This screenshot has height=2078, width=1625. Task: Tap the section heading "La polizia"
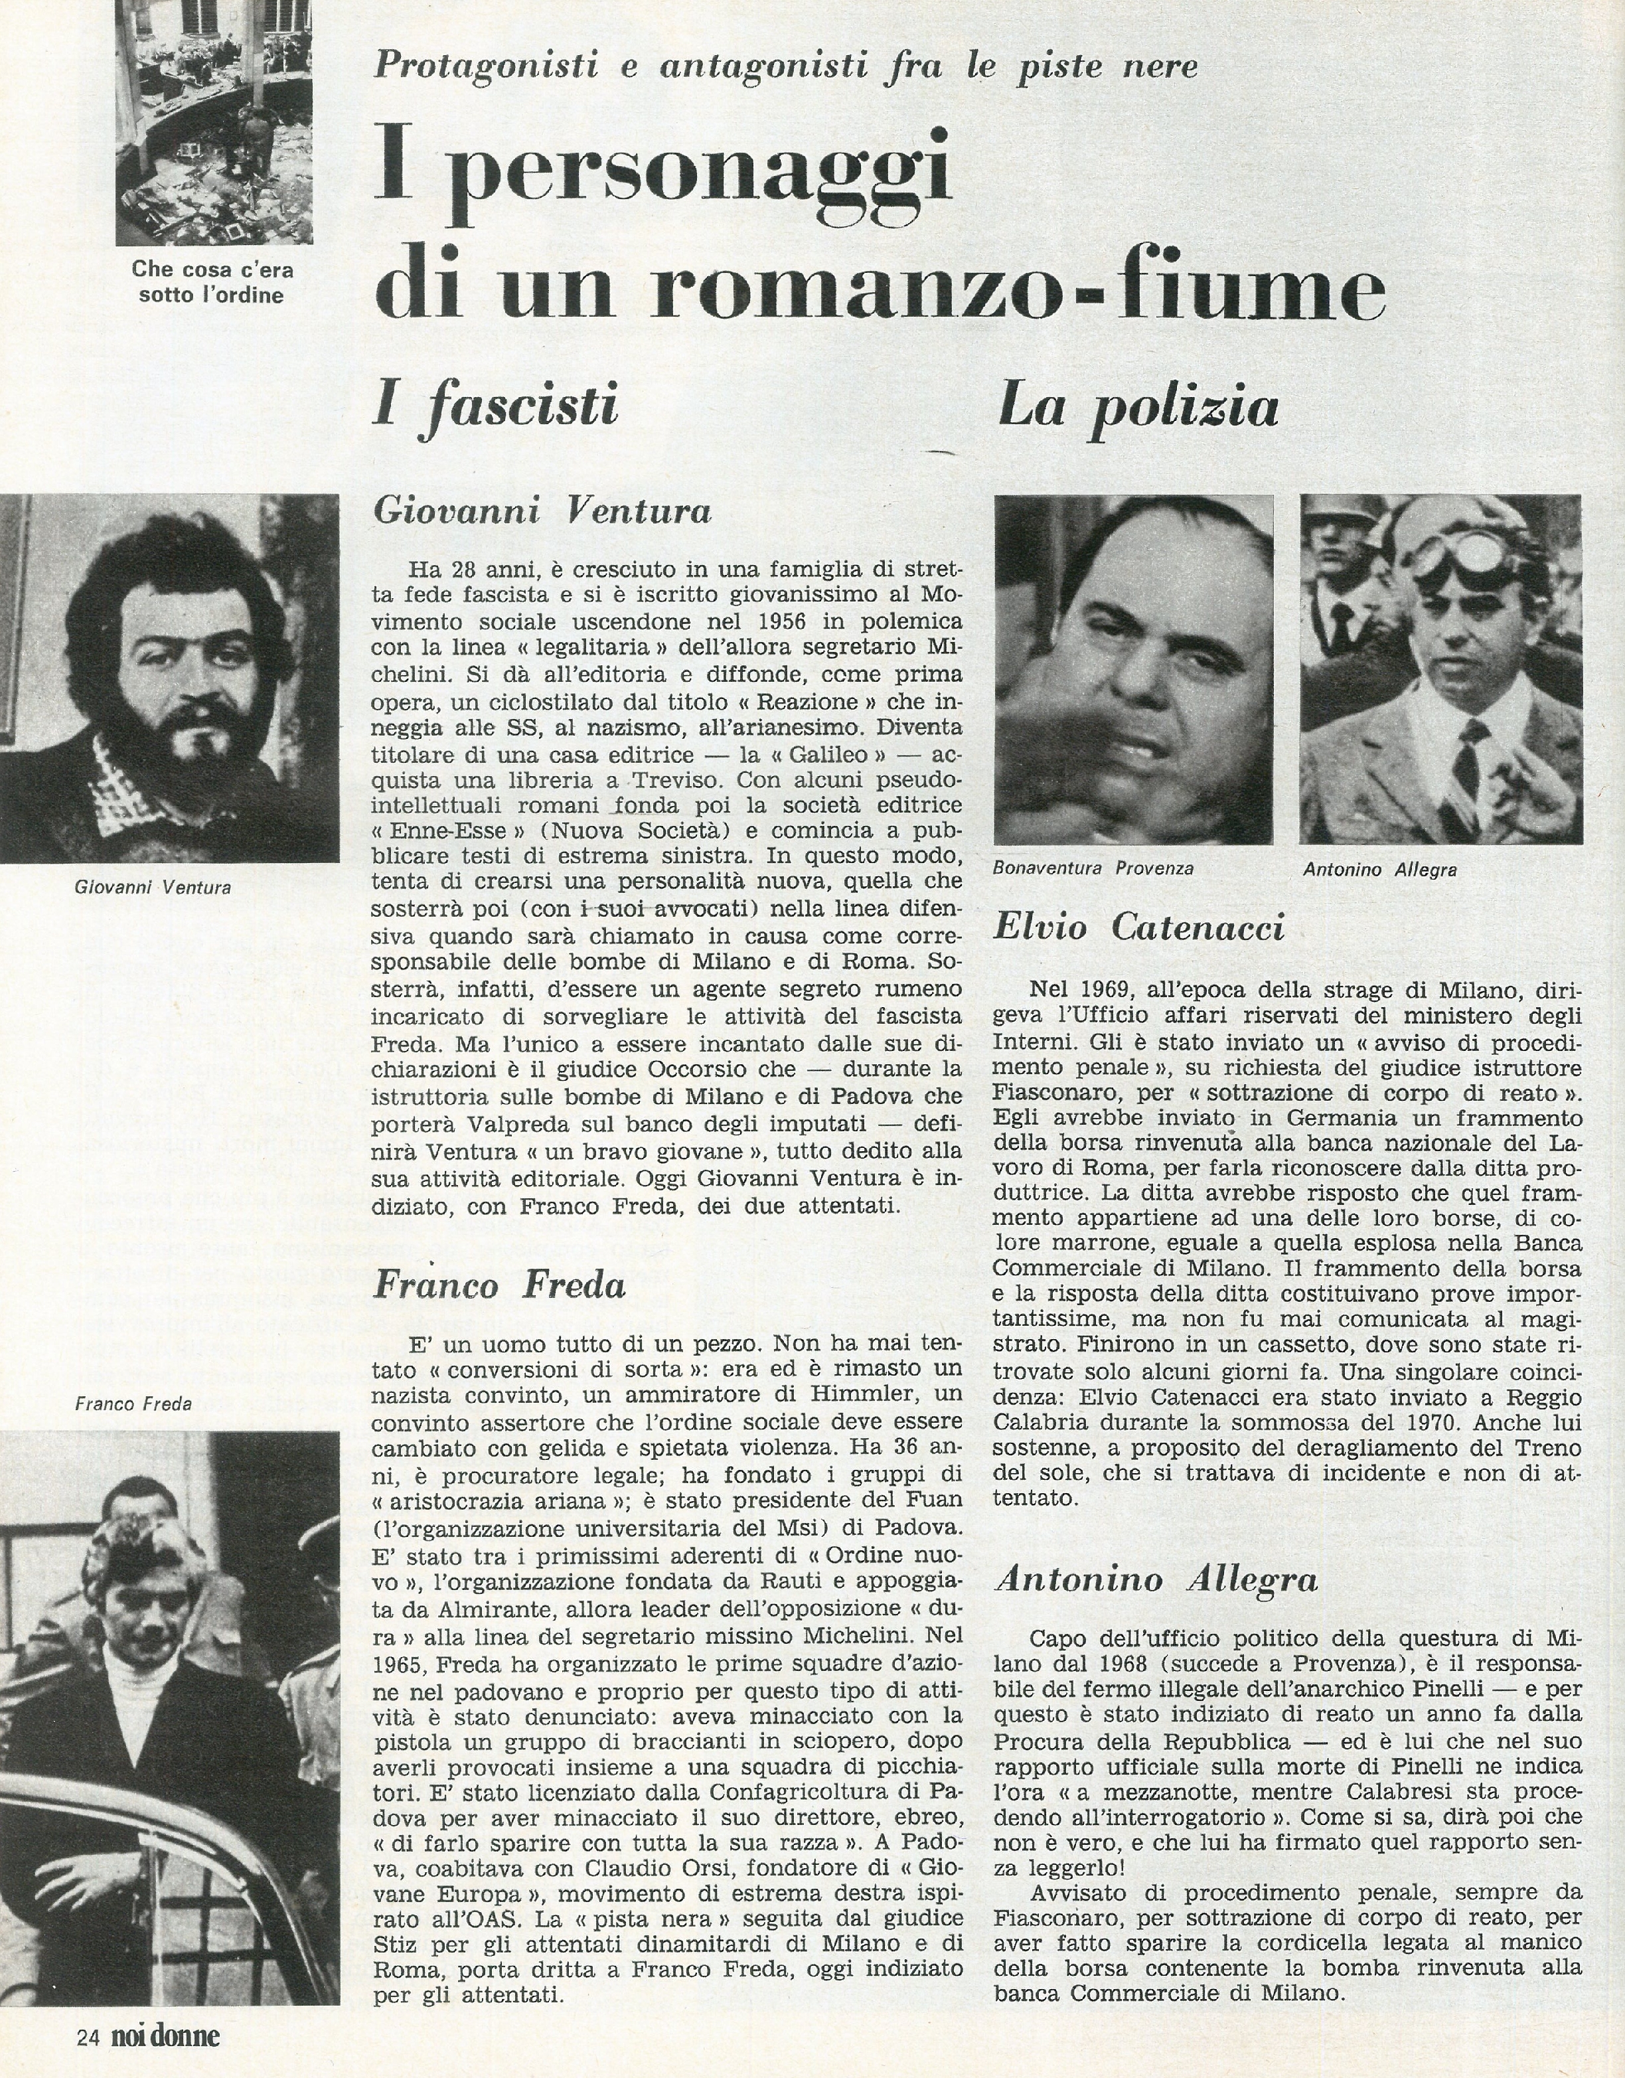coord(1137,406)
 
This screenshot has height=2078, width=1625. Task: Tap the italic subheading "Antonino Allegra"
coord(1156,1579)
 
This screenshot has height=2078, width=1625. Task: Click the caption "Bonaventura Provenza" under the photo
coord(1092,868)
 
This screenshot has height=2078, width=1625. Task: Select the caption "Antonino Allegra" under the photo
coord(1379,868)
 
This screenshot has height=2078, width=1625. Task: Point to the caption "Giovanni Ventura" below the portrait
coord(152,888)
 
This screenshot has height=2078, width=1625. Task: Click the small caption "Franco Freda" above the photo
coord(133,1402)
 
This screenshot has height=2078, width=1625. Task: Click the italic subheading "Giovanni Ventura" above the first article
coord(542,512)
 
